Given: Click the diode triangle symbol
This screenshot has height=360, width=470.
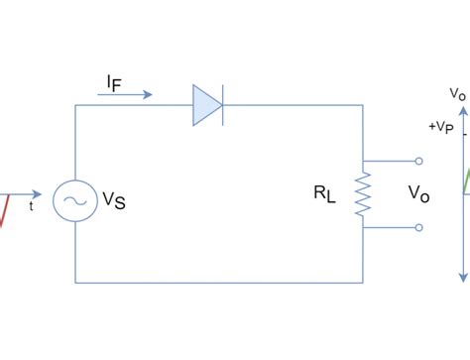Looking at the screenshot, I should pos(206,105).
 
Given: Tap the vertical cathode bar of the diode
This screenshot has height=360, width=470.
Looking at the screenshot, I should pos(223,105).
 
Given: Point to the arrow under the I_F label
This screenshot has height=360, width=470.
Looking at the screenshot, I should pos(126,95).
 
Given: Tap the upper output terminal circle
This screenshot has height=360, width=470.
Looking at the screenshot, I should pos(419,160).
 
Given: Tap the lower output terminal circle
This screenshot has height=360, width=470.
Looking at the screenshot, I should pos(419,227).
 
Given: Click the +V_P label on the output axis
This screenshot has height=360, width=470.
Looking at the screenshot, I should pos(441,127).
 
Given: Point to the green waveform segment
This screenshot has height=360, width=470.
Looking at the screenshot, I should pos(466,180).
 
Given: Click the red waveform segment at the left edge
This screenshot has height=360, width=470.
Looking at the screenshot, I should pos(5,209).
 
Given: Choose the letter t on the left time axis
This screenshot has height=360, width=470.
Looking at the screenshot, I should pos(31,207).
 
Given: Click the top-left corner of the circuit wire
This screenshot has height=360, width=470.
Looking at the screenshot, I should pos(75,105).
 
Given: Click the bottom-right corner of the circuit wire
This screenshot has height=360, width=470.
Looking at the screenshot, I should pos(364,283).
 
